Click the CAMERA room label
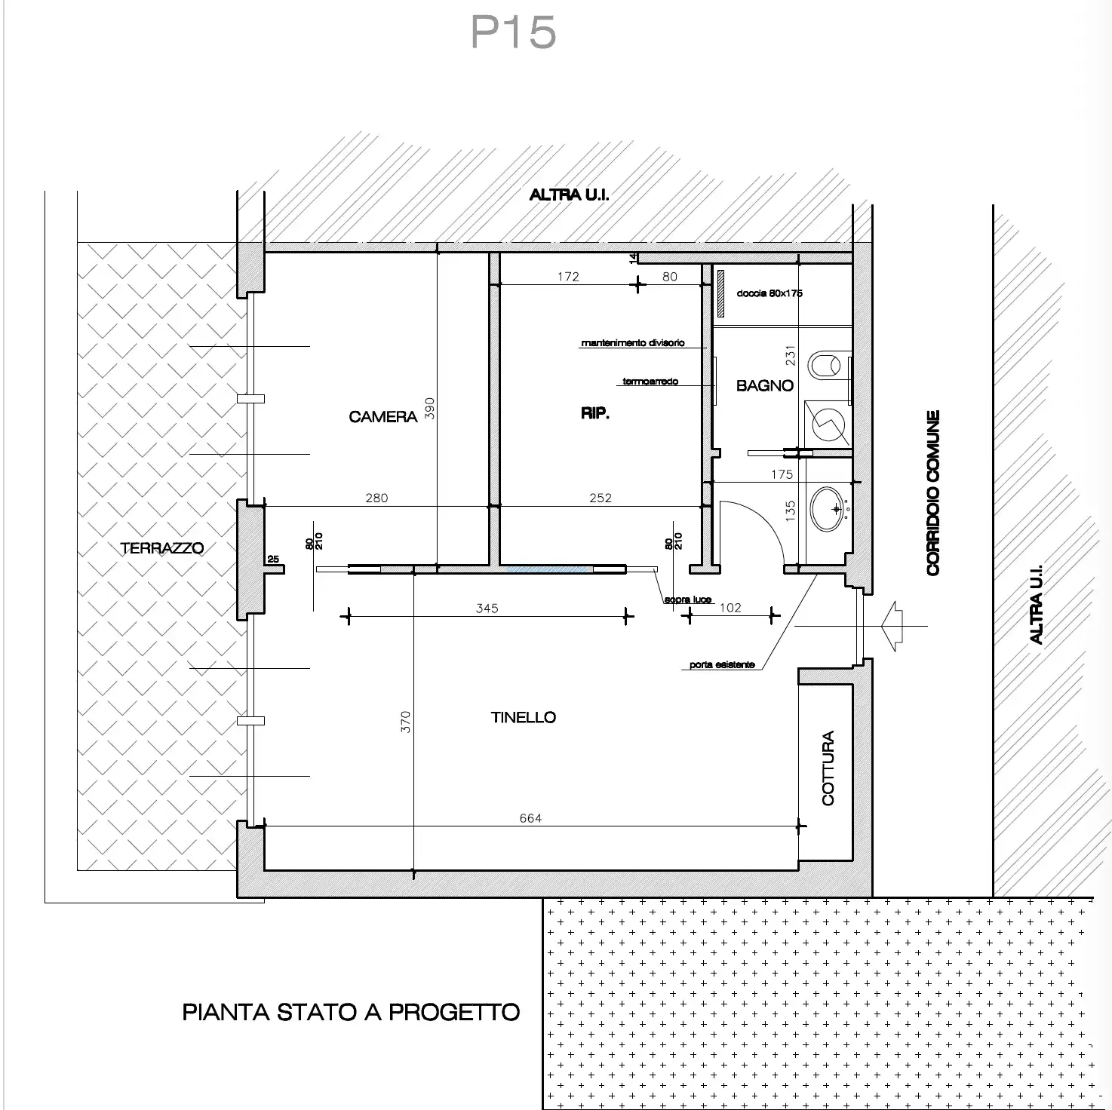pyautogui.click(x=382, y=416)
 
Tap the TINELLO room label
pyautogui.click(x=524, y=717)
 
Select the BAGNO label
pyautogui.click(x=765, y=385)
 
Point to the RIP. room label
pyautogui.click(x=595, y=413)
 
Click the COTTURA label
pyautogui.click(x=828, y=768)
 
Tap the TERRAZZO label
pyautogui.click(x=162, y=548)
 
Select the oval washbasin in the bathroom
pyautogui.click(x=828, y=509)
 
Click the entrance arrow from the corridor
pyautogui.click(x=892, y=626)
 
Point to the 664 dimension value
pyautogui.click(x=530, y=818)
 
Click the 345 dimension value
pyautogui.click(x=487, y=608)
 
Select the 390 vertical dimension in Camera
pyautogui.click(x=429, y=409)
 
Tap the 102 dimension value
pyautogui.click(x=730, y=608)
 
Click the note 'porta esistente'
pyautogui.click(x=722, y=664)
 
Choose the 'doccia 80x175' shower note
pyautogui.click(x=769, y=293)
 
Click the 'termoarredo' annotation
pyautogui.click(x=650, y=382)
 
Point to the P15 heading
pyautogui.click(x=513, y=32)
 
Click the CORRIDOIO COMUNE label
pyautogui.click(x=933, y=493)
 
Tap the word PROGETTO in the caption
pyautogui.click(x=454, y=1013)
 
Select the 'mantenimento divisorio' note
pyautogui.click(x=632, y=342)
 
